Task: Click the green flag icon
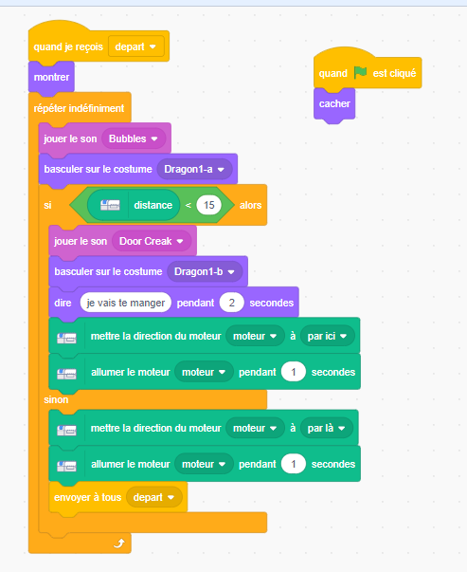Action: pos(360,73)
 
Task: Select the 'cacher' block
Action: pos(334,104)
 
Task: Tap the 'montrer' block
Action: pos(51,78)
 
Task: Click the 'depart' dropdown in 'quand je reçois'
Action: pos(135,46)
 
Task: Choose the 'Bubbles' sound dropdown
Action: pos(134,138)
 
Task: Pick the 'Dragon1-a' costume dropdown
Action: pos(194,169)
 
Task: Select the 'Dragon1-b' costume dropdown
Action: pos(205,272)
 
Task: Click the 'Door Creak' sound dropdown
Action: pos(152,241)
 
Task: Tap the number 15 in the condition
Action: pos(208,205)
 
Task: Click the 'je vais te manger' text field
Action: pos(126,303)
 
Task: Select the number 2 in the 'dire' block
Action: pos(232,303)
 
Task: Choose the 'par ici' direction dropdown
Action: pos(327,336)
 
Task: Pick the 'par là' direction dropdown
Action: pos(327,428)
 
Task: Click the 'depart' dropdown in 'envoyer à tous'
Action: pos(153,497)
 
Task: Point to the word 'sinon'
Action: pos(56,399)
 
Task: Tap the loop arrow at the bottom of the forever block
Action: pos(119,544)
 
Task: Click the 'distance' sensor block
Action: pos(134,205)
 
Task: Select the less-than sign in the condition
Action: pos(189,206)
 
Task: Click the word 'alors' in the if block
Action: pos(251,206)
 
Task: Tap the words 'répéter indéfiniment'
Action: pos(79,108)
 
